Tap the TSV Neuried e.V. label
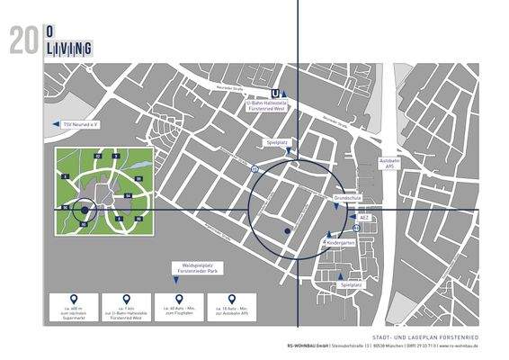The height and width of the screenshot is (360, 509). coord(81,125)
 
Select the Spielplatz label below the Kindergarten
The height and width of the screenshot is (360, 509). coord(351,285)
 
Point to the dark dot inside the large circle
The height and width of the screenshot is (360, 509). coord(287,231)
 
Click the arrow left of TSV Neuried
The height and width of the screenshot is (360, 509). coord(55,125)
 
